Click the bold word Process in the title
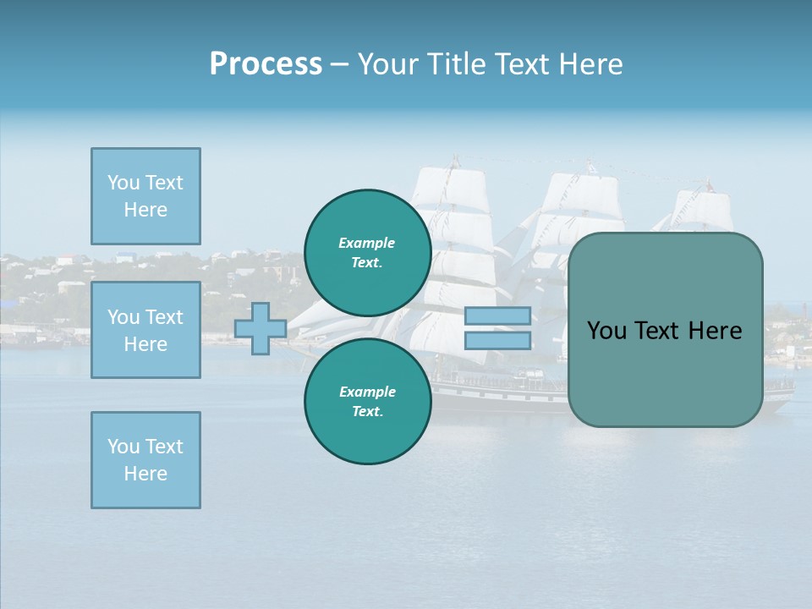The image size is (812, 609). (x=266, y=64)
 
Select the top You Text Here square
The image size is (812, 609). (x=145, y=196)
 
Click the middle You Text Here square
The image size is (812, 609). (x=145, y=330)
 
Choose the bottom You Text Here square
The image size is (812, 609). (x=145, y=460)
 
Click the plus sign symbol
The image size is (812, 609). (x=261, y=328)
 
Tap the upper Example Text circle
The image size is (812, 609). (x=367, y=252)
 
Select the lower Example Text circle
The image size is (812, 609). (x=367, y=401)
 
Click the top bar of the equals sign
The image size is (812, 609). (x=498, y=316)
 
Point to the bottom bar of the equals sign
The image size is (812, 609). (x=498, y=340)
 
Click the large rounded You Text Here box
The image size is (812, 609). (x=665, y=330)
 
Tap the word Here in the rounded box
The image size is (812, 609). (x=715, y=331)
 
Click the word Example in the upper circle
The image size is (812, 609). (x=367, y=243)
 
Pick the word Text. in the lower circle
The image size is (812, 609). (x=367, y=412)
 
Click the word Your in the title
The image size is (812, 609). (x=388, y=64)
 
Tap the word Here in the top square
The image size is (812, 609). (x=145, y=210)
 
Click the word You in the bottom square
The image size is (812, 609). (x=123, y=447)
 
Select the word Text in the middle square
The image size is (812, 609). (x=164, y=317)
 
